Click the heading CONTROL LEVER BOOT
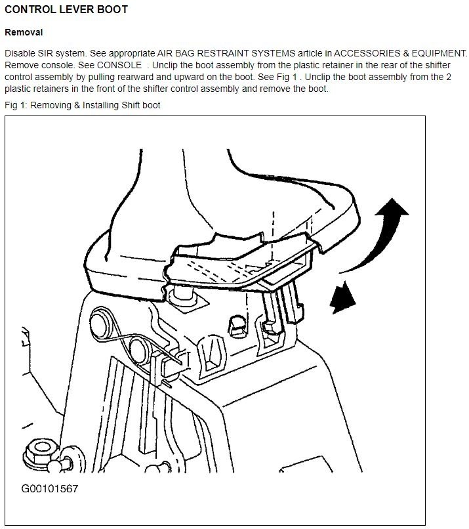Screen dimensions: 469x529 click(x=66, y=9)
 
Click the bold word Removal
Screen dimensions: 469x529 click(x=24, y=32)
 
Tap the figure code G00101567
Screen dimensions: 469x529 click(x=50, y=488)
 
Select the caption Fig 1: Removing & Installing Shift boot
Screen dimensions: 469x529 click(x=82, y=105)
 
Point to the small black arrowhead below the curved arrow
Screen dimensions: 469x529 click(x=342, y=297)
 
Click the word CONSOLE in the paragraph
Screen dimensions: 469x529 click(x=119, y=65)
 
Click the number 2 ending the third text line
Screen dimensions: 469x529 click(x=449, y=77)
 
